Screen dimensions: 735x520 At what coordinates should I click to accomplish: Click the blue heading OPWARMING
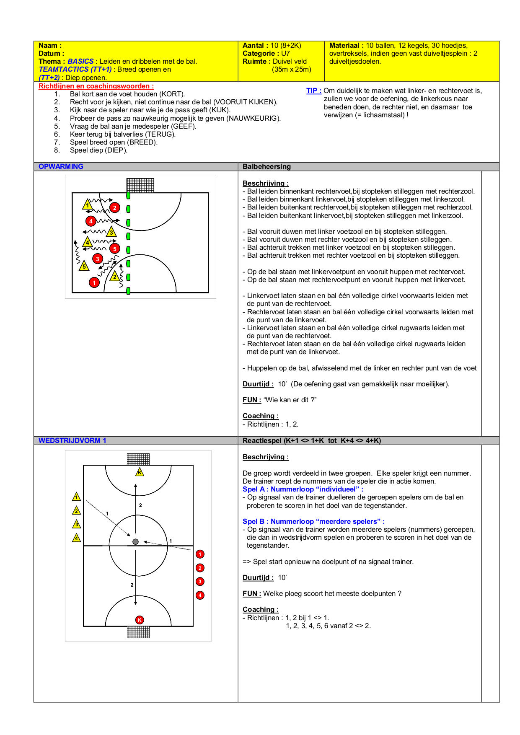point(61,166)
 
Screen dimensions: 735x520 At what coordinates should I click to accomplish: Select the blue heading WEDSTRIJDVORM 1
point(72,440)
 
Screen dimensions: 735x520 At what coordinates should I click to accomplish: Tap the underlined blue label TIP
point(313,91)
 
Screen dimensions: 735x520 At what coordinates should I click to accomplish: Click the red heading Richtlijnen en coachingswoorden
point(96,86)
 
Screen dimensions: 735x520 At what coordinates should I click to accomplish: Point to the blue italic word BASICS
point(80,61)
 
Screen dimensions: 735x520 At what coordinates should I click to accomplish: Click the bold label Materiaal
point(346,45)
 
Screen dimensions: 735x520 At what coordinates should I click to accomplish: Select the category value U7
point(285,53)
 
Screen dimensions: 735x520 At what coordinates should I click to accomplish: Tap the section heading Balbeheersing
point(266,166)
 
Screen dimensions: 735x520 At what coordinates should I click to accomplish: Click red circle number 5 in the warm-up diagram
point(114,248)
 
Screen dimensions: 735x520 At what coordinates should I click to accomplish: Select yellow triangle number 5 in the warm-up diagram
point(84,266)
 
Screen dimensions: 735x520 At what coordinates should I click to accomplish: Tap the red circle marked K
point(140,620)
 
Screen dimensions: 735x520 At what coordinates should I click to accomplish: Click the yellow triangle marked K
point(140,473)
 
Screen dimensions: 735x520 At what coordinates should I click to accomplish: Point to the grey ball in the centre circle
point(135,541)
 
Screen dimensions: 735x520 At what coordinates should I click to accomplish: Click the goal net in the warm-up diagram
point(140,185)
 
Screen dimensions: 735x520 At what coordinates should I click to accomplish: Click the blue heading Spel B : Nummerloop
point(313,521)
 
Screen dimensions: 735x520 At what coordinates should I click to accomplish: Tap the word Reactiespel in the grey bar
point(262,440)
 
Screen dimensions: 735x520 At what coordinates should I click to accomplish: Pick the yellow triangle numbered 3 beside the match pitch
point(76,524)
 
